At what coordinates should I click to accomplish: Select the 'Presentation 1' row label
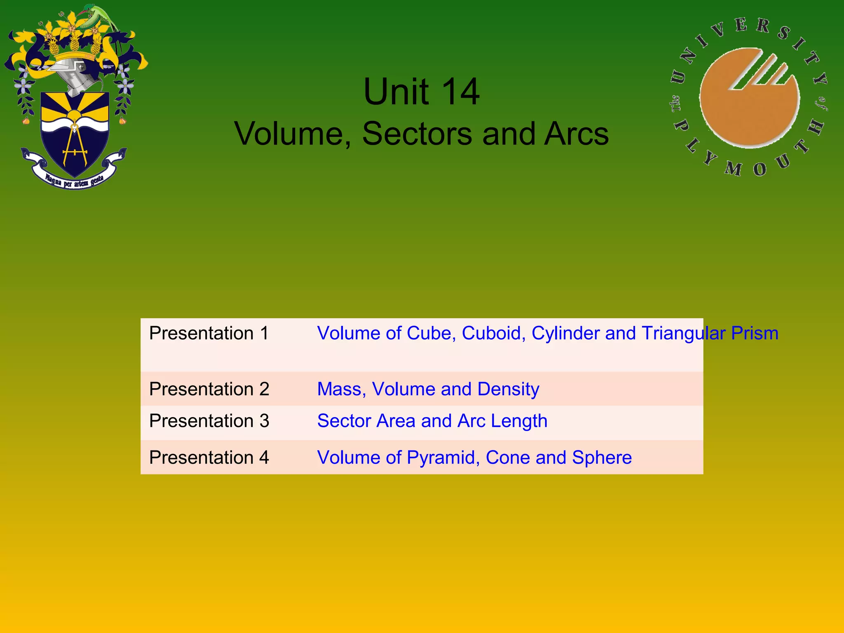click(209, 333)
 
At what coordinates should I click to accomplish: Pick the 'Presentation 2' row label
click(209, 389)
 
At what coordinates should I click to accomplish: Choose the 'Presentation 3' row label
click(209, 421)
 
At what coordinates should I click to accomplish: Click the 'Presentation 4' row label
click(209, 457)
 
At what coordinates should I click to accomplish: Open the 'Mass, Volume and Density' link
click(428, 389)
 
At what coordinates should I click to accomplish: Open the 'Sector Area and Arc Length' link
click(432, 421)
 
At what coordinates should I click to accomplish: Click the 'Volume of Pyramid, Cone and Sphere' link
click(474, 457)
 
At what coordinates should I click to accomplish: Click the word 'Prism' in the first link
click(755, 333)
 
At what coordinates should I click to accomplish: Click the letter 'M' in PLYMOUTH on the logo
click(734, 168)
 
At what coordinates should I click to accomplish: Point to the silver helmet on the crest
click(76, 74)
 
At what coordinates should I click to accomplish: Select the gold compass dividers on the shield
click(75, 144)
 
